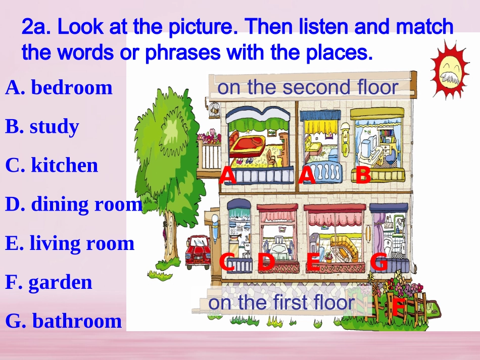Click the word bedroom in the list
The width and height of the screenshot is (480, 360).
click(x=71, y=87)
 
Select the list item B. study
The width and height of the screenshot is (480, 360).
click(x=42, y=127)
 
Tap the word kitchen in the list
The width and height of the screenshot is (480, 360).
click(x=64, y=166)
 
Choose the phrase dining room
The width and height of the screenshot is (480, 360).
click(x=86, y=204)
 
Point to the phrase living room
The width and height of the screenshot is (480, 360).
click(x=82, y=243)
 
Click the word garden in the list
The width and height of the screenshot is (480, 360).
click(x=60, y=282)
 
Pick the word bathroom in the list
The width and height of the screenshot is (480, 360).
click(x=77, y=321)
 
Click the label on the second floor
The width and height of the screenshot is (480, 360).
click(x=308, y=87)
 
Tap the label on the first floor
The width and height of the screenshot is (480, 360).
click(x=281, y=302)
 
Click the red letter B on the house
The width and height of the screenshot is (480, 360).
click(x=363, y=176)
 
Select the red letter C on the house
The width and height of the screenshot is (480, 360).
click(x=227, y=262)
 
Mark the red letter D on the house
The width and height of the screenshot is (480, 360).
click(x=266, y=262)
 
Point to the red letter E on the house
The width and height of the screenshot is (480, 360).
click(x=313, y=262)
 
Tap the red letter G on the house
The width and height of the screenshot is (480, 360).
click(x=379, y=262)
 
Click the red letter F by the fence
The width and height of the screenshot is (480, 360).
click(x=399, y=306)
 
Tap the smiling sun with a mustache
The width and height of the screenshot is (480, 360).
click(x=449, y=70)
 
